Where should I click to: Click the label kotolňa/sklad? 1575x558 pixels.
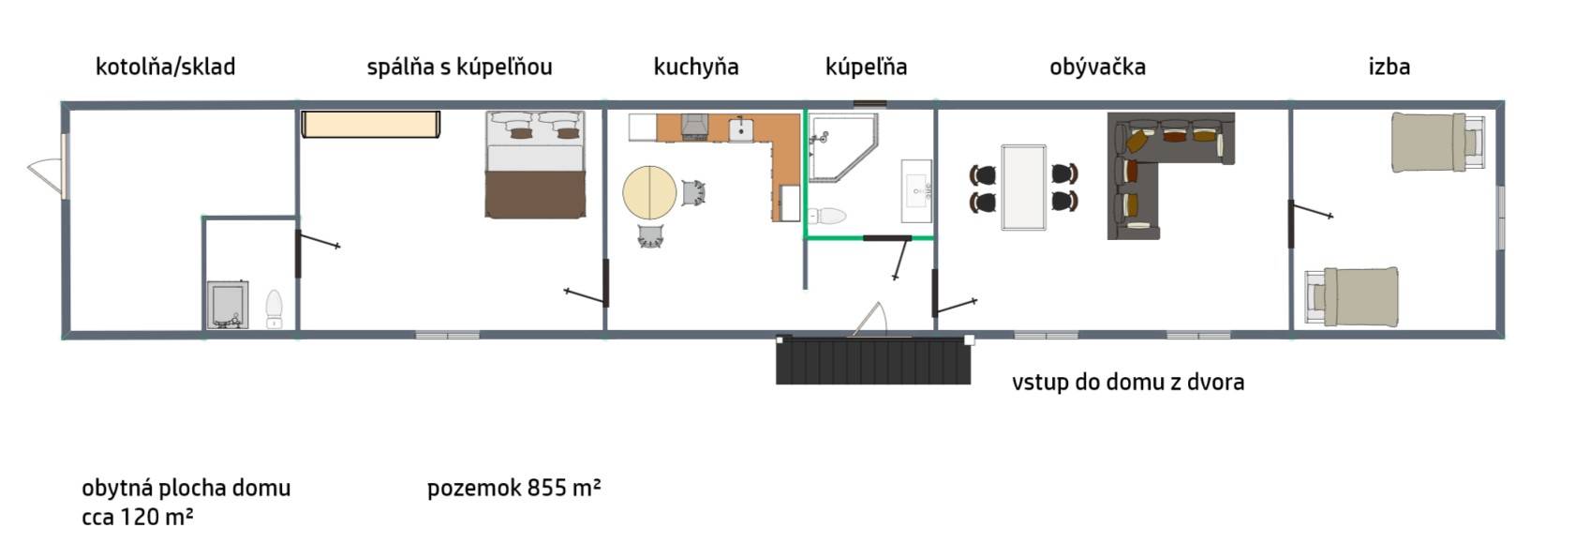pyautogui.click(x=165, y=67)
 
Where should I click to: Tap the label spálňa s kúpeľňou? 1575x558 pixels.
pyautogui.click(x=459, y=67)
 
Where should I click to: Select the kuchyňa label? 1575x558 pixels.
pyautogui.click(x=696, y=68)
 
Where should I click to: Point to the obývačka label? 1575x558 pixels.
pyautogui.click(x=1097, y=67)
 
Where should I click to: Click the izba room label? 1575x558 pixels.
pyautogui.click(x=1389, y=67)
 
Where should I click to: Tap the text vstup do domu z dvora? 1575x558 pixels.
pyautogui.click(x=1128, y=382)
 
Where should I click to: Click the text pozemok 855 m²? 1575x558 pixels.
pyautogui.click(x=514, y=487)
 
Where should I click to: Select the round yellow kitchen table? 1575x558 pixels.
pyautogui.click(x=649, y=192)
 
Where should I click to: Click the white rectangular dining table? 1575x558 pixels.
pyautogui.click(x=1023, y=188)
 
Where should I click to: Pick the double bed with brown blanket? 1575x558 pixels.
pyautogui.click(x=535, y=164)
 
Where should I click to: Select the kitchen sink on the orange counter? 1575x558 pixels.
pyautogui.click(x=741, y=129)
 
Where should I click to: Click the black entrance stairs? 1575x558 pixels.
pyautogui.click(x=873, y=359)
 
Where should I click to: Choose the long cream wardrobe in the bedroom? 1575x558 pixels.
pyautogui.click(x=370, y=124)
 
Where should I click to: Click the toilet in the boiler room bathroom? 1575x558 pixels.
pyautogui.click(x=274, y=309)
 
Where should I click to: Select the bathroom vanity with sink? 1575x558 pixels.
pyautogui.click(x=917, y=190)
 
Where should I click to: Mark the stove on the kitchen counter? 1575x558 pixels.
pyautogui.click(x=694, y=128)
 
